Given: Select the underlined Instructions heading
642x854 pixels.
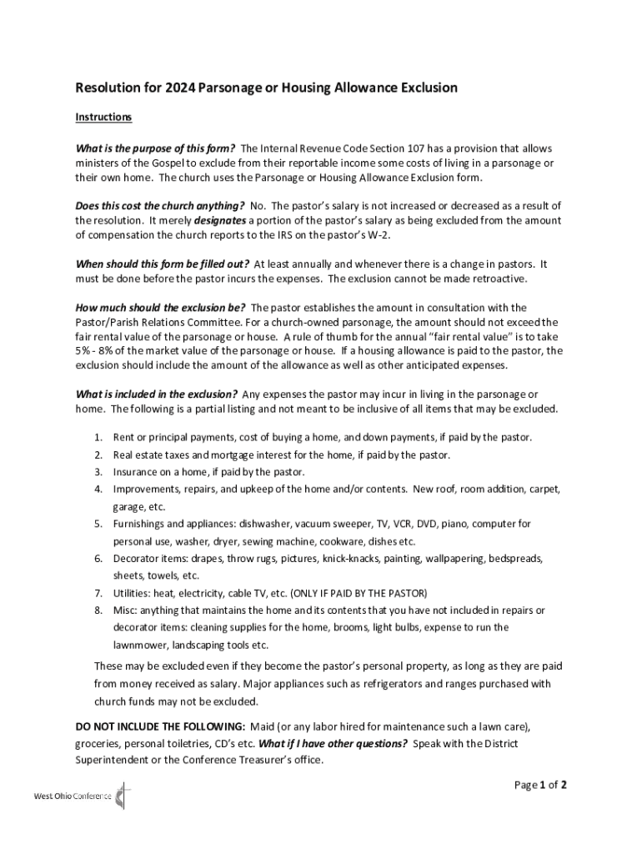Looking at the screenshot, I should coord(103,117).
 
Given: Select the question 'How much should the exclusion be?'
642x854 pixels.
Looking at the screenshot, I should coord(160,308).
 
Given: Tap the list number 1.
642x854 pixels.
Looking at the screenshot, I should coord(98,437).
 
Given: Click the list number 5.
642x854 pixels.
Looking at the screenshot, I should coord(98,524).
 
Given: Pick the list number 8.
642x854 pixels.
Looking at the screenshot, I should coord(98,610).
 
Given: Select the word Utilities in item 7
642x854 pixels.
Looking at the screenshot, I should coord(132,593).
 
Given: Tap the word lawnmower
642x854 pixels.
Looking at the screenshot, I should coord(143,645).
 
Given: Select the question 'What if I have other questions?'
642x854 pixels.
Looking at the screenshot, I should coord(333,743).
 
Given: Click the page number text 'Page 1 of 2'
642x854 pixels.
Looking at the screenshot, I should coord(540,784).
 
